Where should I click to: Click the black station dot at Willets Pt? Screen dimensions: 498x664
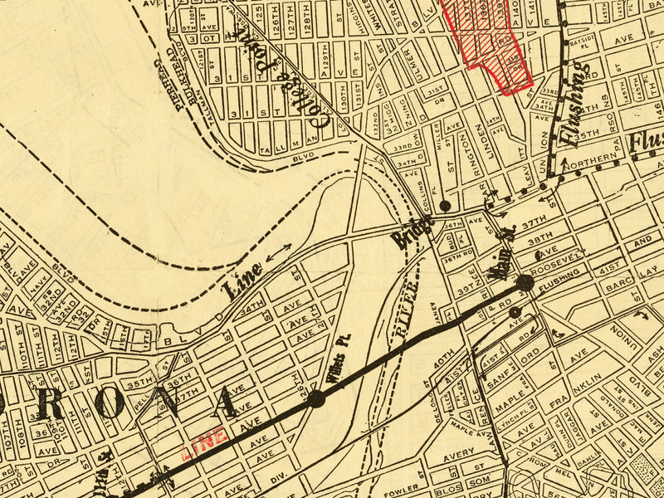click(x=316, y=399)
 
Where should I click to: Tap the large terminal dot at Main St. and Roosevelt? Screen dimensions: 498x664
click(x=525, y=283)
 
